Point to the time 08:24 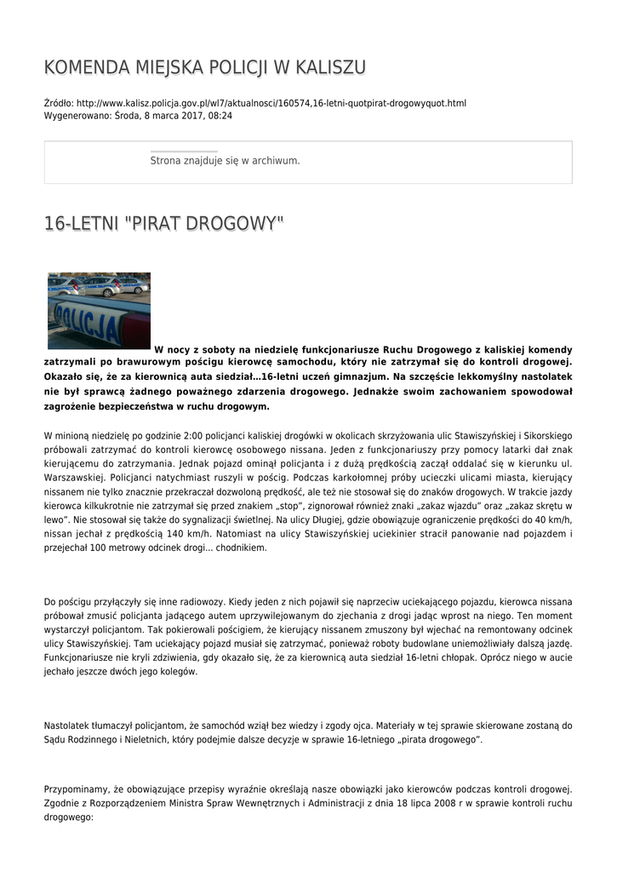221,115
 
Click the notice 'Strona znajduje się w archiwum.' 225,160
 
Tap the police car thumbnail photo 99,310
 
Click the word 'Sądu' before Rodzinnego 55,740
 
